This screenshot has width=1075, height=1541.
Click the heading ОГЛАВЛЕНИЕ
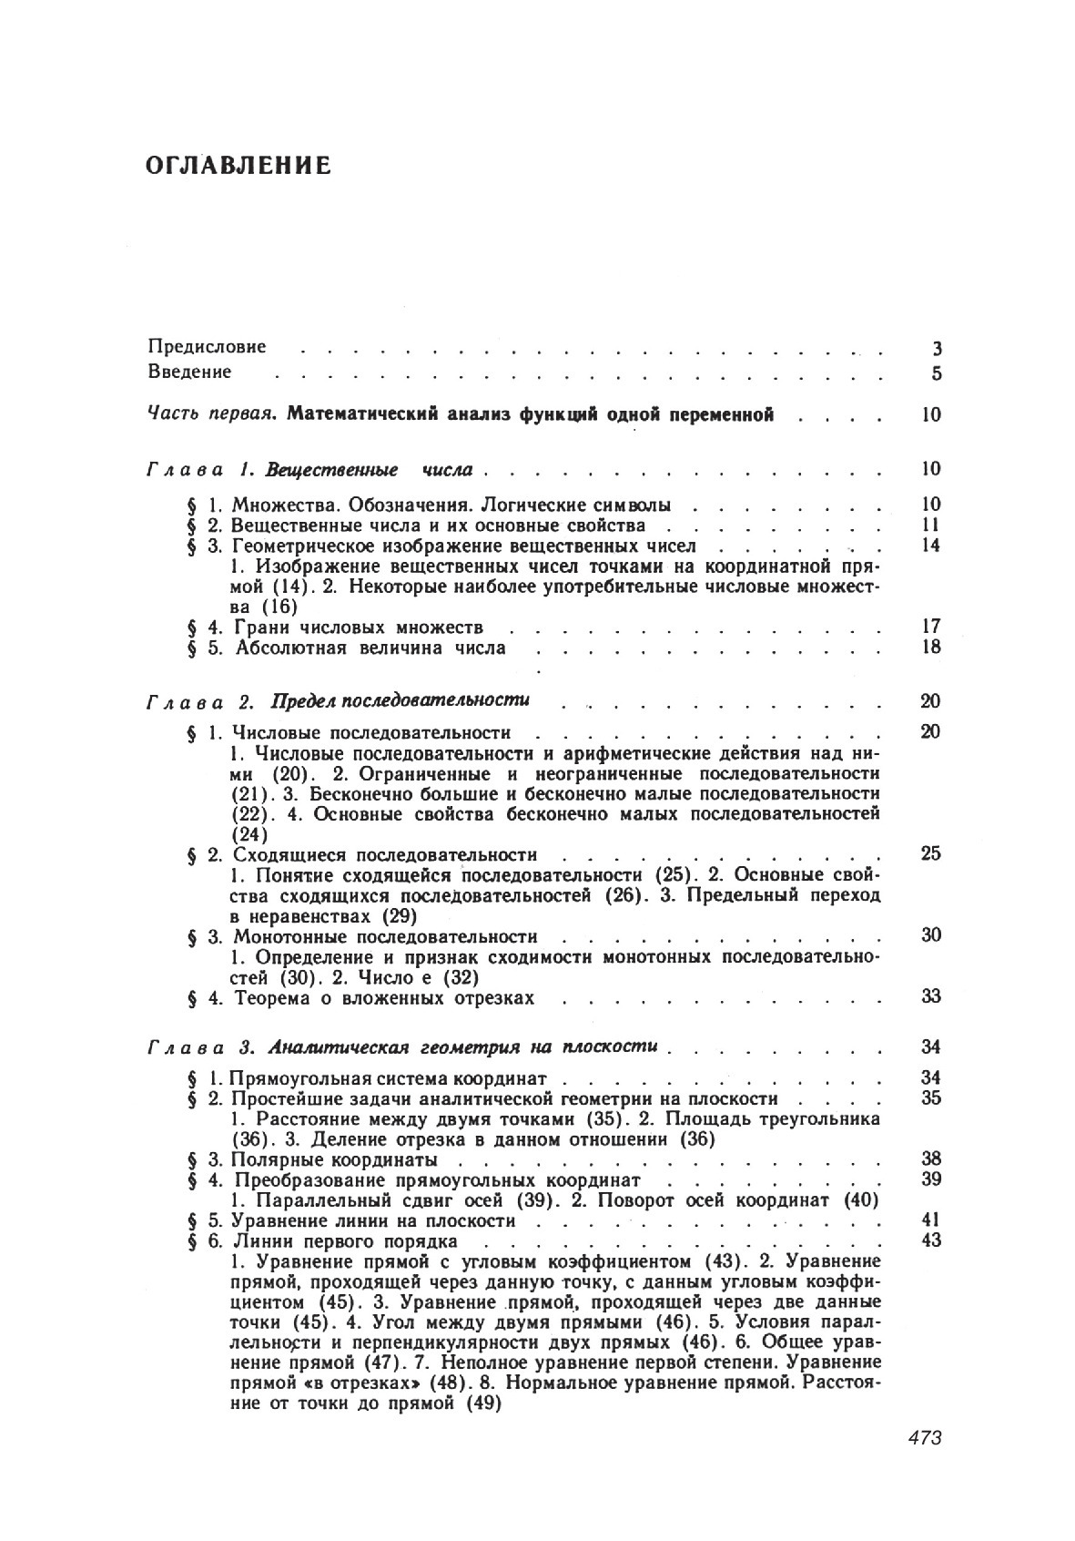coord(237,167)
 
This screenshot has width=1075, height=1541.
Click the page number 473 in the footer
coord(924,1438)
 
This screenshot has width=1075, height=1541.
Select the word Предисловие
coord(208,347)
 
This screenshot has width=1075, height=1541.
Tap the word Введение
coord(190,372)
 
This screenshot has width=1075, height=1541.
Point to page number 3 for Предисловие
coord(937,348)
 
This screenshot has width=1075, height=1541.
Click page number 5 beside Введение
coord(937,372)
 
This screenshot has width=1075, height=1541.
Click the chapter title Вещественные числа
coord(369,470)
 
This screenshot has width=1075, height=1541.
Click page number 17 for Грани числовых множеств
coord(930,627)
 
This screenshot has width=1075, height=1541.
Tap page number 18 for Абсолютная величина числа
coord(930,648)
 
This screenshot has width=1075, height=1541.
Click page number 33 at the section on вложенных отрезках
coord(930,996)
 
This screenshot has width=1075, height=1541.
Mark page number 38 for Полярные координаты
coord(930,1159)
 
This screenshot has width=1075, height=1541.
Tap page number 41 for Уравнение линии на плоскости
coord(930,1220)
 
